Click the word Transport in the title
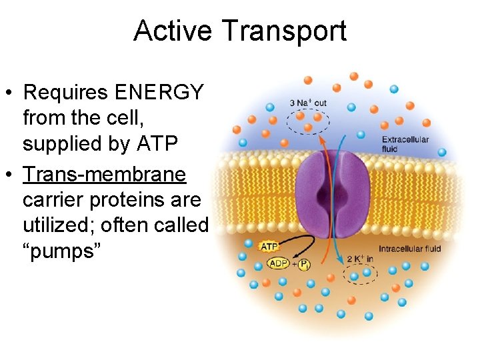coord(284,31)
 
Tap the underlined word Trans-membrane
coord(105,175)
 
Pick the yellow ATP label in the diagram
coord(268,247)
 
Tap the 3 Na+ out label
coord(308,103)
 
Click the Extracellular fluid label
coord(405,144)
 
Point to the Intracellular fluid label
coord(410,249)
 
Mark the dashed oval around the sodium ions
coord(307,123)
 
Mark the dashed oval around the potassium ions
coord(361,274)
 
